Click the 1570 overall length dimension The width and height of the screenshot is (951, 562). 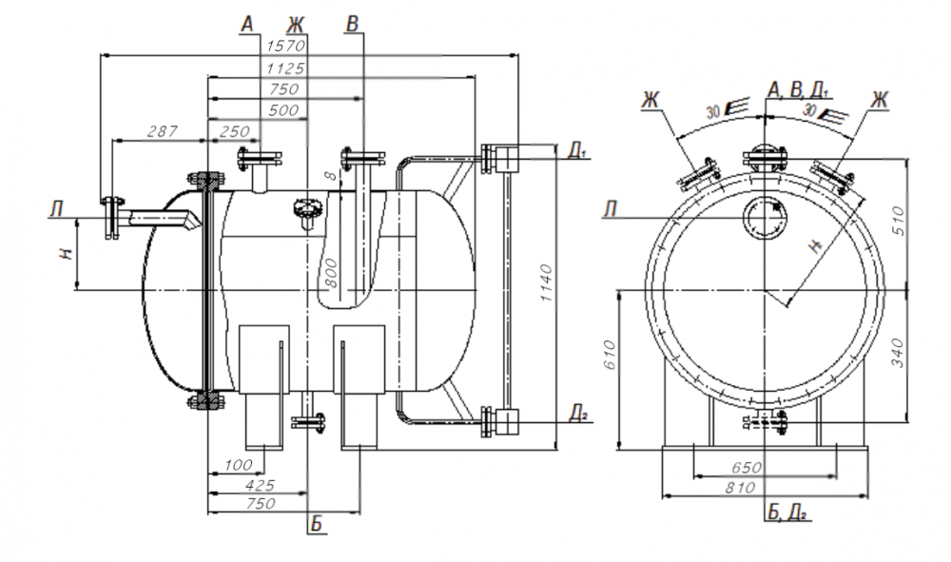(284, 47)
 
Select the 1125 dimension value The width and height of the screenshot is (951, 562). (284, 68)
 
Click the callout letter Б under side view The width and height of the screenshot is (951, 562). (316, 526)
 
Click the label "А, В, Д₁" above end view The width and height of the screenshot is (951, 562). (799, 90)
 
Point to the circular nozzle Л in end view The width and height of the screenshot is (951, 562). (764, 218)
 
